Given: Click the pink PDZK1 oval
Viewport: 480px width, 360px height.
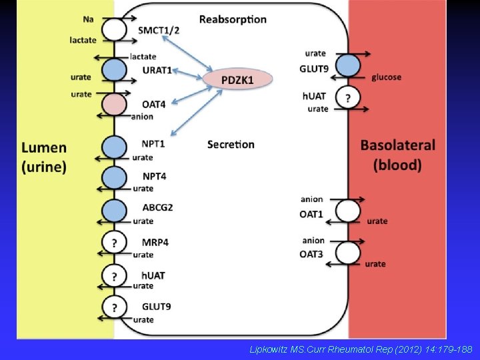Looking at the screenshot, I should pos(238,79).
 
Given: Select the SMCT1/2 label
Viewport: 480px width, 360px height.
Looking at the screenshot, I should pos(159,30).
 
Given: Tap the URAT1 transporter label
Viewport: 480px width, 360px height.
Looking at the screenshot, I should pos(157,70).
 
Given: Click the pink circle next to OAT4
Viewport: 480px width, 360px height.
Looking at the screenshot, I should pos(115,105).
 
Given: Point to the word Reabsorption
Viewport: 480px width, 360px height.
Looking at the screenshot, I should pos(232,19).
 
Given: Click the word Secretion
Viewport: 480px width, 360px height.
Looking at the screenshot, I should pos(231,144).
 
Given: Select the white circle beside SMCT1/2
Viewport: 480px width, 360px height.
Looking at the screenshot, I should pos(115,29).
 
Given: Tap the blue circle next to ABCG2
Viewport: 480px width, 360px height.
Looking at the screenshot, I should pos(115,211).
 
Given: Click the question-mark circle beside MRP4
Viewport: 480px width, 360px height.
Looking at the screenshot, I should pos(115,243).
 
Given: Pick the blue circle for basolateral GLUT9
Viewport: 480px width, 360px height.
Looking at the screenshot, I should pos(347,65).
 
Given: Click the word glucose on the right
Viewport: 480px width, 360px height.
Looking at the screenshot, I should pos(386,77).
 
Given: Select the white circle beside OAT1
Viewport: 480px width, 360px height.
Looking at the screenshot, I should pos(347,211).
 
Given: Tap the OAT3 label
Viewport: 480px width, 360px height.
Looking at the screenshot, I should pos(311,253).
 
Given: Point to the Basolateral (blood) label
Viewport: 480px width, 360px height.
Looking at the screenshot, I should pos(397,154).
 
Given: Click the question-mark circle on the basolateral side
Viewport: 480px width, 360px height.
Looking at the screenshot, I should pos(347,98).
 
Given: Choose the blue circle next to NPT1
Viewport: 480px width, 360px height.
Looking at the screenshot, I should pos(115,147).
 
